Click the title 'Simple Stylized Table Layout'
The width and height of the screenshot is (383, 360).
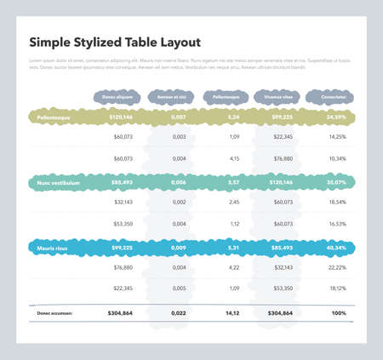[x=114, y=42]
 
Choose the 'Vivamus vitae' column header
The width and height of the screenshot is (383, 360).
[x=277, y=98]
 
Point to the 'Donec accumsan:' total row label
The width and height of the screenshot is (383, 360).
[x=54, y=313]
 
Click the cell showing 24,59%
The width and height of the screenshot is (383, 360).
[x=336, y=115]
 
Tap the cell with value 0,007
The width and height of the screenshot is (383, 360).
[x=179, y=115]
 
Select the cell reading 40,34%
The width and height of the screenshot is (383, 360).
[x=336, y=248]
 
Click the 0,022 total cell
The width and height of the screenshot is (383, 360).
[x=179, y=313]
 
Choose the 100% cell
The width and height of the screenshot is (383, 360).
[x=338, y=313]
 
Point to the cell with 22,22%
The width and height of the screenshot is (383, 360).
[x=336, y=268]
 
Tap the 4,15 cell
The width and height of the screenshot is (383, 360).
[x=233, y=158]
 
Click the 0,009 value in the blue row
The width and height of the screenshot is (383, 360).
[x=179, y=248]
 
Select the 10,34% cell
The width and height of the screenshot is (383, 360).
[x=336, y=158]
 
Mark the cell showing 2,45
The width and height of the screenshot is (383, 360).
[x=233, y=203]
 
